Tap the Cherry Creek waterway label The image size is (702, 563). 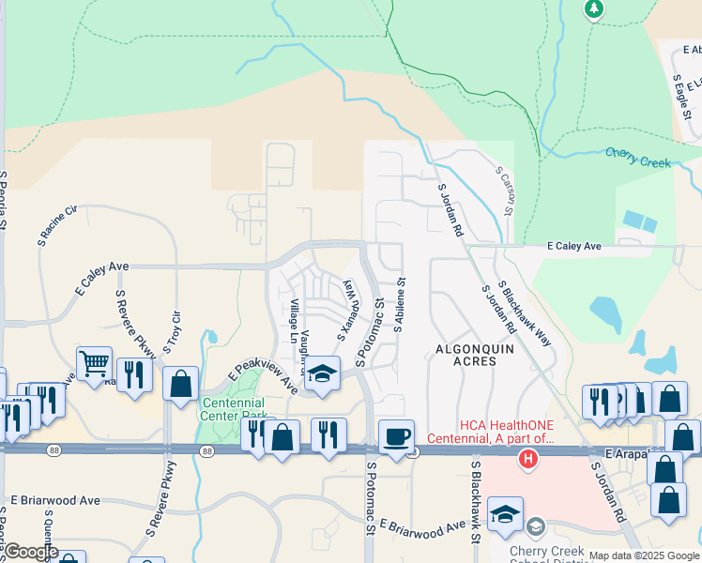click(x=638, y=157)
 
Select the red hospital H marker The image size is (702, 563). click(x=529, y=459)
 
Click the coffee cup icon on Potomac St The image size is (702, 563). click(x=396, y=436)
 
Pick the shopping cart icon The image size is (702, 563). click(x=94, y=362)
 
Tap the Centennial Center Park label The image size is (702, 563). click(x=233, y=409)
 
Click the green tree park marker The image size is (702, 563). click(x=593, y=8)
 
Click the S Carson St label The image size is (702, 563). click(x=504, y=191)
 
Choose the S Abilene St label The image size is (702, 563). click(x=402, y=306)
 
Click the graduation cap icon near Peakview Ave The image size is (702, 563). click(x=322, y=375)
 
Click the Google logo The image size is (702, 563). click(x=31, y=552)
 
